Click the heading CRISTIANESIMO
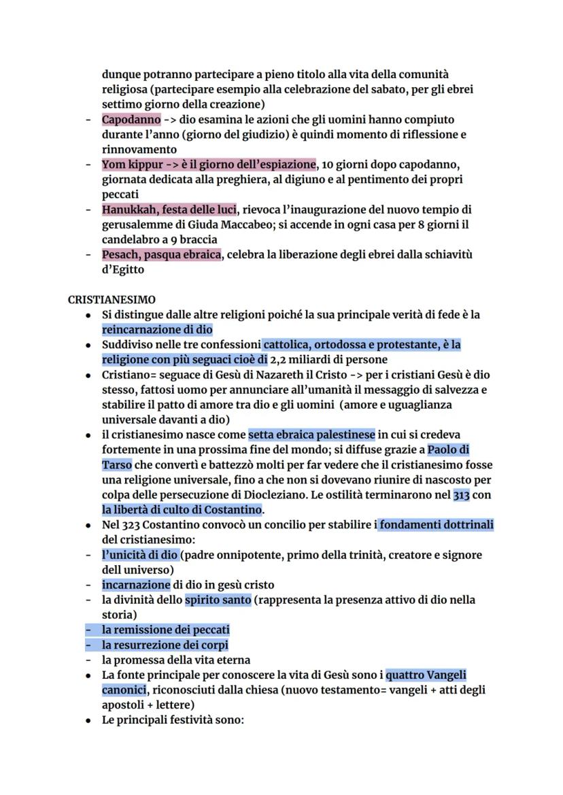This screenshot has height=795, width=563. pyautogui.click(x=112, y=299)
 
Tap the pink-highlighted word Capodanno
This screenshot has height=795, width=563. pyautogui.click(x=131, y=120)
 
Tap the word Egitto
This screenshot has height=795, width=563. pyautogui.click(x=126, y=269)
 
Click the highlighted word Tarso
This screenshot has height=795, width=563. pyautogui.click(x=117, y=464)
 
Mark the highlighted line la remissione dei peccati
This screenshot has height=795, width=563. pyautogui.click(x=166, y=630)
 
